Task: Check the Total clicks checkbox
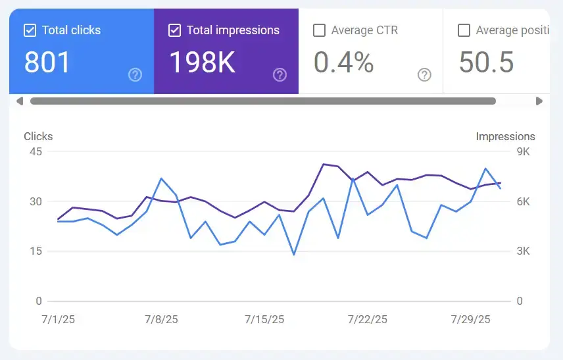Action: point(30,30)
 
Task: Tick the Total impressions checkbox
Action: point(174,30)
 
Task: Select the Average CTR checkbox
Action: point(319,30)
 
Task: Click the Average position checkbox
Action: point(464,30)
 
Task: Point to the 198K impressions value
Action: point(202,62)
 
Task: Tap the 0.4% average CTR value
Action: point(343,62)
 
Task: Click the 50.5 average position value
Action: point(486,62)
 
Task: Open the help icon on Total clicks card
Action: point(135,75)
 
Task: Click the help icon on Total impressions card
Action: point(280,75)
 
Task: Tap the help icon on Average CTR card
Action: point(424,75)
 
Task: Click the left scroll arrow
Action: point(19,101)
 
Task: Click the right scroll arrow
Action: point(539,101)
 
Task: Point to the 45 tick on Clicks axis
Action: point(35,152)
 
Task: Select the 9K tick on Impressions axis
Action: point(522,152)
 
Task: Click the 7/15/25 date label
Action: point(264,320)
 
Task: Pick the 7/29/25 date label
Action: point(470,320)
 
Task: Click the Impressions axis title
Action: point(505,137)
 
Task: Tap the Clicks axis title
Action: point(38,137)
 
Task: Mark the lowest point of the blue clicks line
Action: point(293,254)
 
